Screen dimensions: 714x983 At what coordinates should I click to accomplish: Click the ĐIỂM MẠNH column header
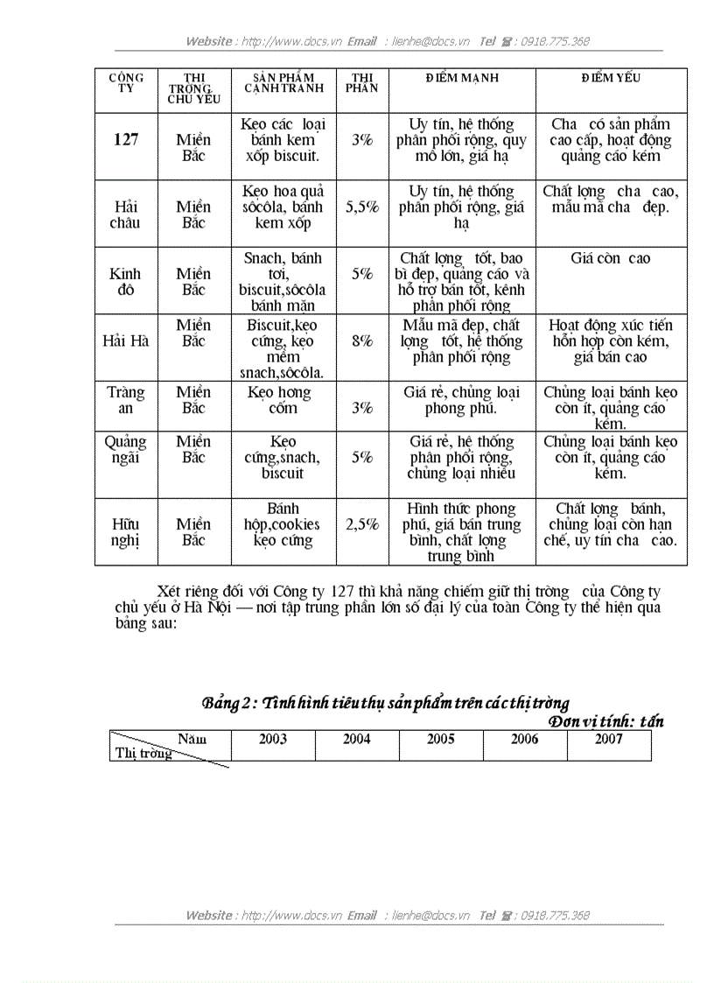coord(462,78)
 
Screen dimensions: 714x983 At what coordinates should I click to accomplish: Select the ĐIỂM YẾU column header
coord(611,78)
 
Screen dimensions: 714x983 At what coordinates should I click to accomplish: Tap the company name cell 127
coord(126,139)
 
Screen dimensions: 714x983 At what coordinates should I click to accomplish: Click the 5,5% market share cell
coord(362,207)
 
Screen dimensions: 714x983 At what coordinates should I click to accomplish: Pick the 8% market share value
coord(362,341)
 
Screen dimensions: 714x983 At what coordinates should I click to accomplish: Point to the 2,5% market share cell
coord(362,524)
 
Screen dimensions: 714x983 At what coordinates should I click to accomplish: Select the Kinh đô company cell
coord(126,282)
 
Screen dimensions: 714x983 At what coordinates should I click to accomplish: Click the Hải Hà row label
coord(126,341)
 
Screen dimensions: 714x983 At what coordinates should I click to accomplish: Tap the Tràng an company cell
coord(126,400)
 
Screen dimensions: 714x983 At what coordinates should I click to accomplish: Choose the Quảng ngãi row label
coord(126,449)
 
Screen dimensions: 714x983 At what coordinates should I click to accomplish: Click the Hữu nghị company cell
coord(126,532)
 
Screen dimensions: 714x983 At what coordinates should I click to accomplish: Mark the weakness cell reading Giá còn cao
coord(611,258)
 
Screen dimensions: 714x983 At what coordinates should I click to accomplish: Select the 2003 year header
coord(273,739)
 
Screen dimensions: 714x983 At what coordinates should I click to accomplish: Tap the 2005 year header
coord(441,739)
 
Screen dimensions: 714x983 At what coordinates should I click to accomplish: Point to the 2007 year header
coord(609,739)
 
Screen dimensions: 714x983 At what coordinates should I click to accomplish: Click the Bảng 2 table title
coord(386,703)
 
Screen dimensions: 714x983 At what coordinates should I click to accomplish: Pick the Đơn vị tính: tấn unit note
coord(606,721)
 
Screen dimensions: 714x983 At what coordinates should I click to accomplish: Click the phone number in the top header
coord(555,41)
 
